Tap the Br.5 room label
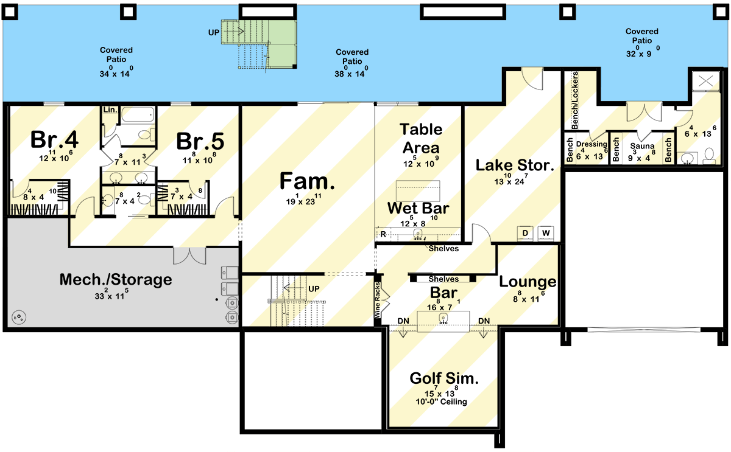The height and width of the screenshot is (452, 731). point(200,141)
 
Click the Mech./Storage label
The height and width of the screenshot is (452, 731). point(115,280)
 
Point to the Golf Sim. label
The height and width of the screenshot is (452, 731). point(443,378)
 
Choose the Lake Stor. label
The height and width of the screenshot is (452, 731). point(514,165)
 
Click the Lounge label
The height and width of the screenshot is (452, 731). point(528,282)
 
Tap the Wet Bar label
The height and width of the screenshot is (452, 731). point(418,209)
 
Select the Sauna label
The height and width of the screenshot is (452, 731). point(641,146)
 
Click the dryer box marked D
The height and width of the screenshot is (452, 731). point(525,233)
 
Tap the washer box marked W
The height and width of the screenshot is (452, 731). point(546,233)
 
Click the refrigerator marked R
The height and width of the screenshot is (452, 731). point(383,234)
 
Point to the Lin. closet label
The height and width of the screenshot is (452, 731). point(110,110)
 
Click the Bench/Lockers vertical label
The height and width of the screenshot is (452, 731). point(574,100)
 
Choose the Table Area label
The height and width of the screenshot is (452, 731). point(420,138)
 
